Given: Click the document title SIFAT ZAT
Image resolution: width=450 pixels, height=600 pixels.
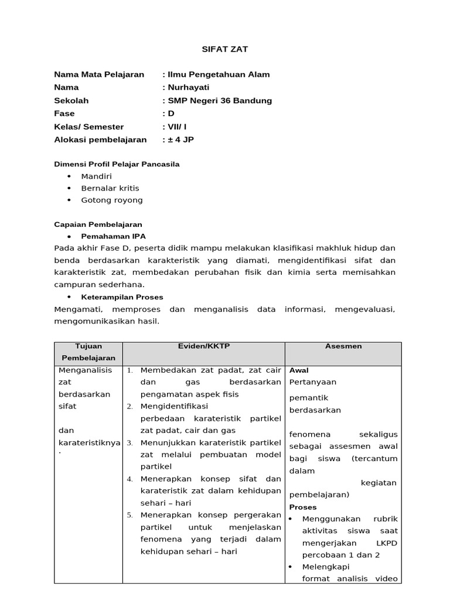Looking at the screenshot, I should [x=225, y=49].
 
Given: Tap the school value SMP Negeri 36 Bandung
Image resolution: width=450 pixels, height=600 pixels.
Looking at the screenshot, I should [x=219, y=100].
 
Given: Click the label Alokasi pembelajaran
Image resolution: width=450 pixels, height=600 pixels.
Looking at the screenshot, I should [x=100, y=139].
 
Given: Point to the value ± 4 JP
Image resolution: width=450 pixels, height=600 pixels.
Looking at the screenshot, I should [x=183, y=139].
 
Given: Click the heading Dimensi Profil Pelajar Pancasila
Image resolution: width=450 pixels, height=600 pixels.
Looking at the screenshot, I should [x=117, y=164].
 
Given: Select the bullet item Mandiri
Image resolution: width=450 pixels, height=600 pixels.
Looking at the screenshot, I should [x=97, y=176].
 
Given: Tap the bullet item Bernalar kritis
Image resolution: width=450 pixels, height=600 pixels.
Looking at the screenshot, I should [x=110, y=188].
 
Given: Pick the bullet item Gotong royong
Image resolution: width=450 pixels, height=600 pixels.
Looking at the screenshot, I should [x=112, y=200].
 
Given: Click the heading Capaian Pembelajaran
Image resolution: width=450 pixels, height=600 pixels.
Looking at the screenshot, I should [x=98, y=224].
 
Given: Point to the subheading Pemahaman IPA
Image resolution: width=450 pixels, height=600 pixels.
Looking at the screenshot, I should [x=114, y=236].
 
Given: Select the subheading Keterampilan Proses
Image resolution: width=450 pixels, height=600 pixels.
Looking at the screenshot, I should [x=122, y=297].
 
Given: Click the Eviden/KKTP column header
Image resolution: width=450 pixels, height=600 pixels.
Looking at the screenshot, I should [x=204, y=346].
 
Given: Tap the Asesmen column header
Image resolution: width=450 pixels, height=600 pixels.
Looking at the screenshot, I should [x=343, y=346].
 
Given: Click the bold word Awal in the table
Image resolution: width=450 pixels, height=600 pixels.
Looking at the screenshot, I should [x=299, y=370].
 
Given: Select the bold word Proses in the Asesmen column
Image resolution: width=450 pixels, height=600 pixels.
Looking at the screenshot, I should [x=303, y=507].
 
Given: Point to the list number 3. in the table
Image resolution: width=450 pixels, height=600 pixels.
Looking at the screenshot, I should [x=130, y=442].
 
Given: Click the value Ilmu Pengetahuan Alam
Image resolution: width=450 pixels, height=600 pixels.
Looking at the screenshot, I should [x=219, y=74].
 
